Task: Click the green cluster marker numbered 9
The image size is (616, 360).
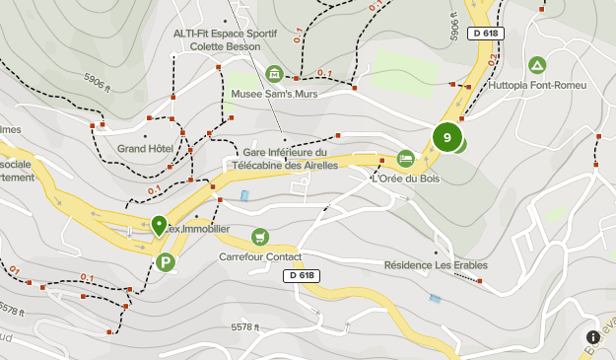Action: (x=447, y=137)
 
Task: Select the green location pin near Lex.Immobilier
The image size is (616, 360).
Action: (x=159, y=226)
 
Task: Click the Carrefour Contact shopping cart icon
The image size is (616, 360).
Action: (x=259, y=237)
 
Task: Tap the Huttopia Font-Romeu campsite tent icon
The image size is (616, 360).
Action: (x=537, y=65)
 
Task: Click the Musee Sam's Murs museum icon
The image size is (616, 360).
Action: (x=274, y=74)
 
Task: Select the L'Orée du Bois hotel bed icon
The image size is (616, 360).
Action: (x=405, y=159)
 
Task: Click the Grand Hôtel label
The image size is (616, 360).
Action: (x=145, y=149)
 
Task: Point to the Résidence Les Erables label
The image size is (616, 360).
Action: (x=436, y=264)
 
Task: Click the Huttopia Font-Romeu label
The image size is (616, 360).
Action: (x=537, y=85)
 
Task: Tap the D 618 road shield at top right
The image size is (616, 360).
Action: (x=486, y=33)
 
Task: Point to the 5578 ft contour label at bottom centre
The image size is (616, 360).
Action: (x=244, y=327)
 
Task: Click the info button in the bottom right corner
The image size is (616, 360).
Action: (x=594, y=337)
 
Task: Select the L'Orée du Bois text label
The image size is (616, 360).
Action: (x=405, y=179)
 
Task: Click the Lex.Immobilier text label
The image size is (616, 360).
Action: (x=197, y=229)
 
